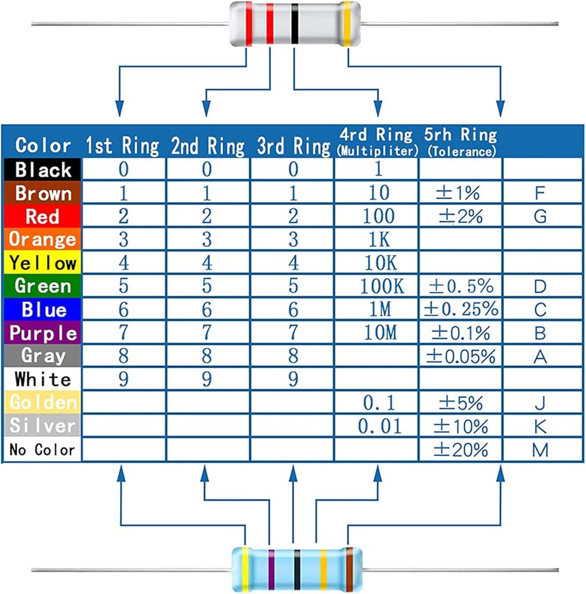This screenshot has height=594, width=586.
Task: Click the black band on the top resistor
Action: tap(295, 24)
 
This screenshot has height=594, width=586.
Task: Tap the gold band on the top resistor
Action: tap(347, 24)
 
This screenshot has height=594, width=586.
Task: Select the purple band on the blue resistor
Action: tap(272, 570)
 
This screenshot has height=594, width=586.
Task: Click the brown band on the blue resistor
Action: tap(349, 570)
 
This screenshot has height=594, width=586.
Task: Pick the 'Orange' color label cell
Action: tap(42, 239)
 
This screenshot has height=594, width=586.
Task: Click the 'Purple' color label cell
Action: tap(42, 333)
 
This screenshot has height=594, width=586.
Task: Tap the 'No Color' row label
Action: tap(42, 450)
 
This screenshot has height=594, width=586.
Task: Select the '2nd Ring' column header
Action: tap(208, 146)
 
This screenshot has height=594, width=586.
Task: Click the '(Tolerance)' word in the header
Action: tap(462, 151)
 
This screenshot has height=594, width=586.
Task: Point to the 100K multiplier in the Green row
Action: tap(382, 286)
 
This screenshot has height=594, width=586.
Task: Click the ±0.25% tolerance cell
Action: tap(461, 309)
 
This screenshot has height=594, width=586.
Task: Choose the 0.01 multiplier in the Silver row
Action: tap(380, 426)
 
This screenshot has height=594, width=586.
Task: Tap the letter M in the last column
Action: tap(540, 450)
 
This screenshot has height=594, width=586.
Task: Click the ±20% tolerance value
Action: tap(461, 450)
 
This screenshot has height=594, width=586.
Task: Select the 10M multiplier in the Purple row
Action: tap(380, 333)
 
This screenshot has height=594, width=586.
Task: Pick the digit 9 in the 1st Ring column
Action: tap(124, 379)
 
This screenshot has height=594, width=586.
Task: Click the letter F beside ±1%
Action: tap(540, 193)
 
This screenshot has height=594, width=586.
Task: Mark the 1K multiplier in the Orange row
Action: tap(379, 239)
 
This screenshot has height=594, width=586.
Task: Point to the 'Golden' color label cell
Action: tap(42, 402)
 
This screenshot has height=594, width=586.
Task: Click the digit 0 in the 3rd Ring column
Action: tap(293, 169)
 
